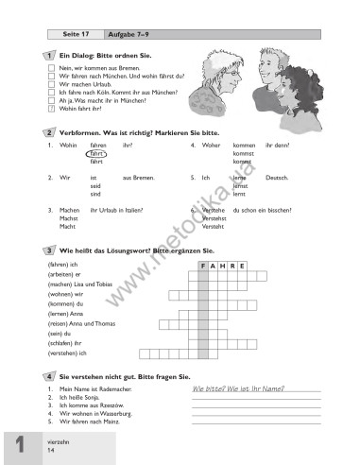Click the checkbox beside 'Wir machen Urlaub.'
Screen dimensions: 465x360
click(x=50, y=85)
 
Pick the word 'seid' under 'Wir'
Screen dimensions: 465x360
click(x=95, y=184)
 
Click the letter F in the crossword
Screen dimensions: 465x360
click(x=204, y=267)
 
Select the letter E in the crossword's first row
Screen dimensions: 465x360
click(x=244, y=267)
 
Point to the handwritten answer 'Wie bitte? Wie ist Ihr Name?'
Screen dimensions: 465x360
click(x=236, y=388)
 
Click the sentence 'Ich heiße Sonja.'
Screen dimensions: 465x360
click(x=79, y=397)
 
